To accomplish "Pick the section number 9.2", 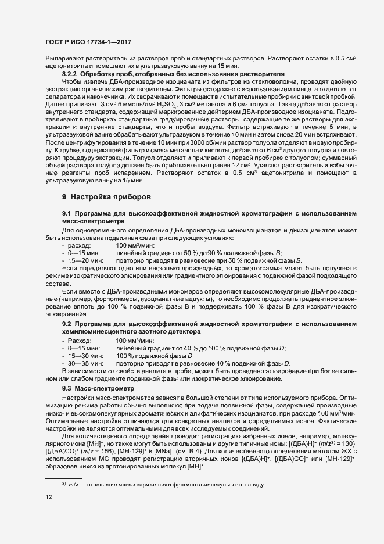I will click(x=66, y=323).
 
